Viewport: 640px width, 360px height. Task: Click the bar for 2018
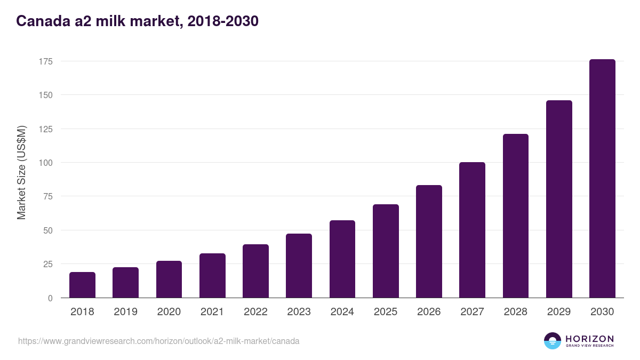point(82,285)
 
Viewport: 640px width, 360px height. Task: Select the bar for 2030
point(602,179)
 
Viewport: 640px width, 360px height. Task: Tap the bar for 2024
point(342,259)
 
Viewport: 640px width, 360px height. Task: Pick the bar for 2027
point(472,230)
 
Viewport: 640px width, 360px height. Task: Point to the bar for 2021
point(212,276)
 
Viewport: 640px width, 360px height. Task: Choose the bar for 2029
point(559,199)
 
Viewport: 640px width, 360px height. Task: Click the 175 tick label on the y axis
point(45,61)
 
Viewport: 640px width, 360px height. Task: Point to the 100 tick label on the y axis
point(45,163)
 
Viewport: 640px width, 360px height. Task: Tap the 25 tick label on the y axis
point(47,264)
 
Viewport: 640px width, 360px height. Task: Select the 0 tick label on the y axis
point(50,298)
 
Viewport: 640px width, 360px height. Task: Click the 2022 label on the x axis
point(255,312)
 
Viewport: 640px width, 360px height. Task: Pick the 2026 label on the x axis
point(429,312)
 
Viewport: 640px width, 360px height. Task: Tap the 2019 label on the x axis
point(125,312)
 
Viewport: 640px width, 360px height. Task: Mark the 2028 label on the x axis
point(516,312)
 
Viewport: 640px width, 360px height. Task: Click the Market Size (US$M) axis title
point(21,172)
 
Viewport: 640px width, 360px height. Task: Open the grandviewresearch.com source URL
point(158,341)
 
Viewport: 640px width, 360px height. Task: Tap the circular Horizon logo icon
point(553,341)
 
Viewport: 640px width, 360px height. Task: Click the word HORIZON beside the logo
point(589,339)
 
